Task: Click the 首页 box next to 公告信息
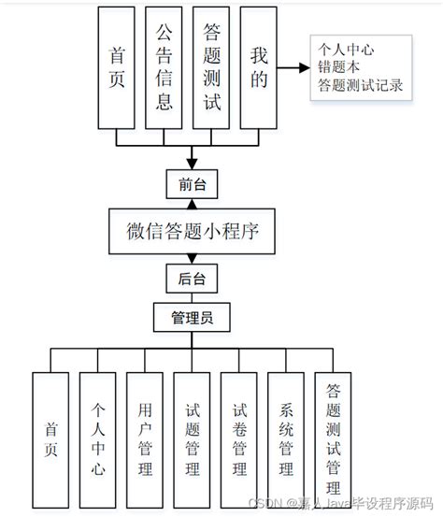click(x=117, y=67)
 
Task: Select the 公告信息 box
click(x=164, y=67)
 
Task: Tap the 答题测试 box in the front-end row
click(x=211, y=67)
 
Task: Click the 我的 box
click(x=258, y=67)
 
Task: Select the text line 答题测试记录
click(x=360, y=85)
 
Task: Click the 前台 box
click(x=192, y=184)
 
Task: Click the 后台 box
click(x=192, y=278)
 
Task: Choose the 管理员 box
click(x=192, y=318)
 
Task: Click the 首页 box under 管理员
click(x=50, y=438)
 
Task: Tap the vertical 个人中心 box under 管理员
click(x=98, y=438)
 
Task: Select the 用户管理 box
click(x=145, y=438)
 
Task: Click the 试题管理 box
click(x=192, y=438)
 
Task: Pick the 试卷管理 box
click(x=239, y=438)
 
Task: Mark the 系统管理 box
click(x=286, y=438)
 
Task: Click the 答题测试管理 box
click(x=334, y=438)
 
